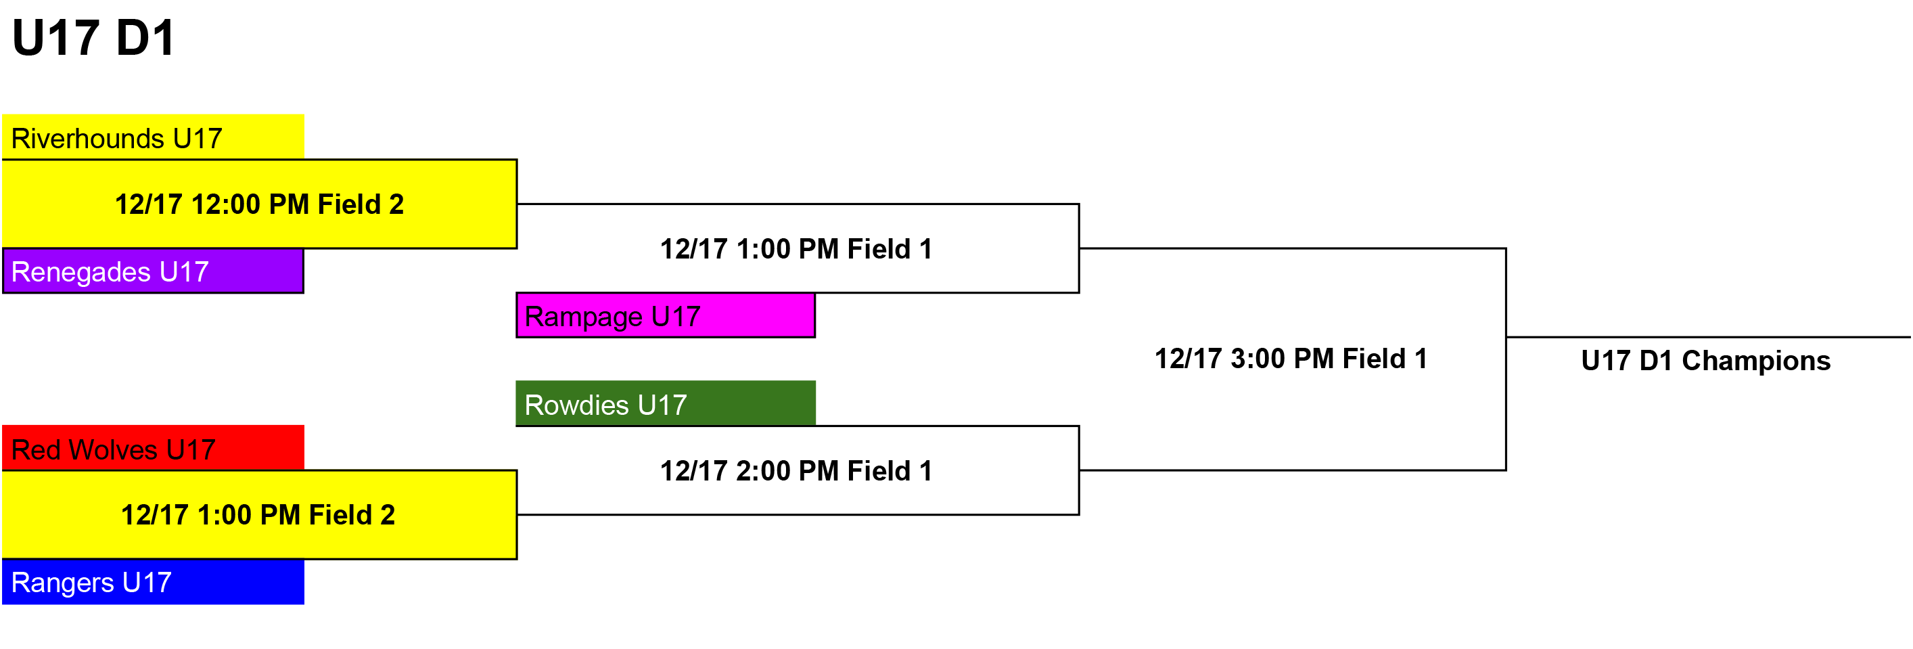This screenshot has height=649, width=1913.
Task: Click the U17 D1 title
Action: (93, 38)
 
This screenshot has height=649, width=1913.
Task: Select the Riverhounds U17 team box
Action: (153, 137)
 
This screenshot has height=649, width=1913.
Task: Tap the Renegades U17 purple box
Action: (153, 271)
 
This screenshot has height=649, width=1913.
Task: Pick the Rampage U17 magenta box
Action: (666, 315)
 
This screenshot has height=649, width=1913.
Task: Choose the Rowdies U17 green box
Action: (666, 403)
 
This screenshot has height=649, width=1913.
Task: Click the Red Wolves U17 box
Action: (153, 448)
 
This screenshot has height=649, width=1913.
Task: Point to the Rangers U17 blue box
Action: (153, 581)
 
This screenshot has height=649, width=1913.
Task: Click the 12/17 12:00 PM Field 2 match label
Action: (259, 204)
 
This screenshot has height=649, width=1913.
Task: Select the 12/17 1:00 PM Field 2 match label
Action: (258, 514)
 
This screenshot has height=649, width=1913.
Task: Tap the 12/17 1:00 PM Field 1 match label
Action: (796, 249)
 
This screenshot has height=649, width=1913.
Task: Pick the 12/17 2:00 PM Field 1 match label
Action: (796, 471)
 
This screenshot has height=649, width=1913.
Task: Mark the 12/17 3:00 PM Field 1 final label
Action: (1291, 359)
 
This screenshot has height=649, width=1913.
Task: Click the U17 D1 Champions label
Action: (1706, 361)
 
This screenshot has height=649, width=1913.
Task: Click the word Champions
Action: (1756, 361)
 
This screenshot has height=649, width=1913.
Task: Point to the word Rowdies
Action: (577, 405)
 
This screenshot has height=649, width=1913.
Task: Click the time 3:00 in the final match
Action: (1258, 359)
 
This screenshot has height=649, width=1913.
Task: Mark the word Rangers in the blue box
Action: (62, 583)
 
